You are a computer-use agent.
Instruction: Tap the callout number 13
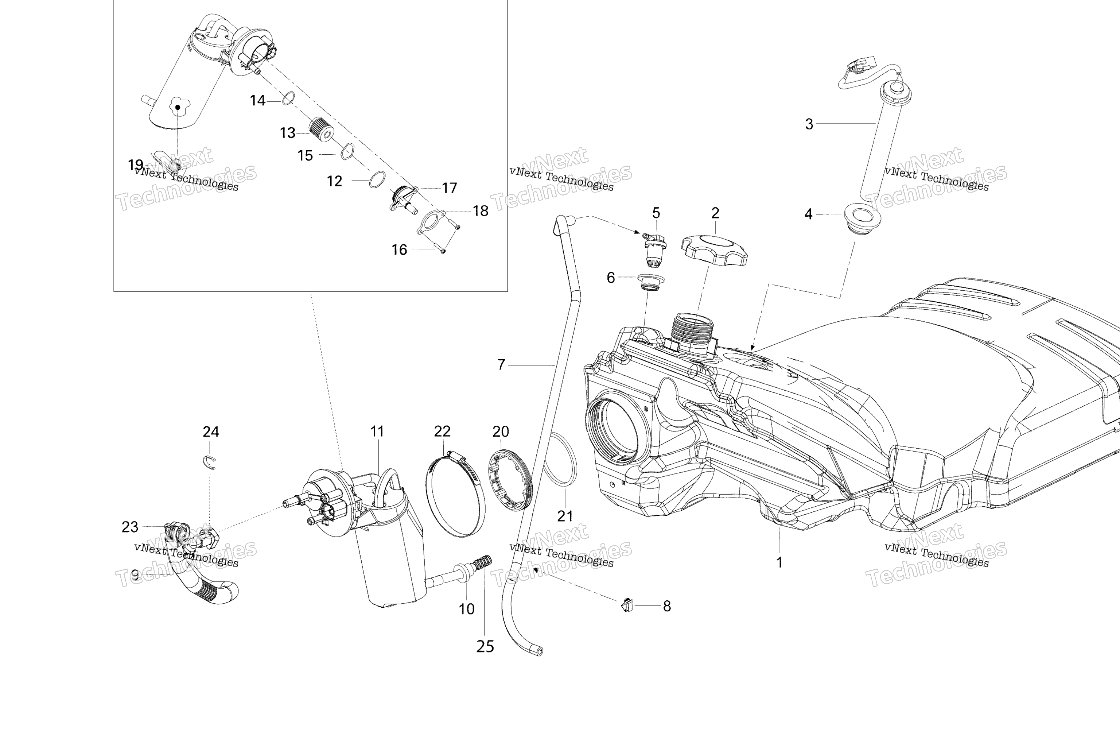288,132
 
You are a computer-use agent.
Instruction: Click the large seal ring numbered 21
560,459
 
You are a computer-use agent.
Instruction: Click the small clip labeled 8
627,605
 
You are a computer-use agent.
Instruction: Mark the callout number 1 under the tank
779,563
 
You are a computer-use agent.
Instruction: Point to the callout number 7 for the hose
501,365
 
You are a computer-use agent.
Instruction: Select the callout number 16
400,249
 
